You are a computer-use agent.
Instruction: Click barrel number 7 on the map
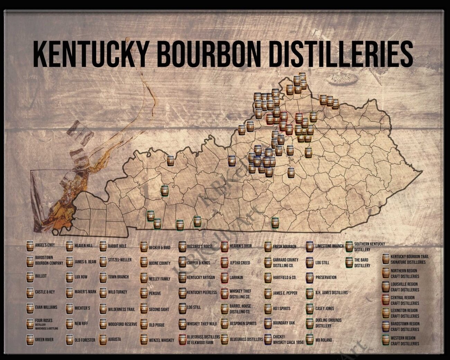point(170,161)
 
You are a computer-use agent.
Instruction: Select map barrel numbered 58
point(165,190)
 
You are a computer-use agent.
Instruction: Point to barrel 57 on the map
point(275,222)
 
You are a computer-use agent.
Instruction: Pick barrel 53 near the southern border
point(179,225)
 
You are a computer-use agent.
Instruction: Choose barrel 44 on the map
point(308,152)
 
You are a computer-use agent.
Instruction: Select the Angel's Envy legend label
point(45,245)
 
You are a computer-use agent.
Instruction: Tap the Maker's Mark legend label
point(85,292)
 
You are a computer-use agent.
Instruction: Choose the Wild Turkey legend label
point(117,292)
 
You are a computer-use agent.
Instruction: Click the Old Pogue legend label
point(156,325)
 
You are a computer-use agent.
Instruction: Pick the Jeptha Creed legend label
point(240,263)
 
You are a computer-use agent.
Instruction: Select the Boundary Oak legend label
point(284,323)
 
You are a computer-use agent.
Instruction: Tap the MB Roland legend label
point(323,340)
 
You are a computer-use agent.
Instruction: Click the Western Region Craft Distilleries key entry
point(405,341)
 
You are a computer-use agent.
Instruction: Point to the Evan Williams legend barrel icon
point(30,308)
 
